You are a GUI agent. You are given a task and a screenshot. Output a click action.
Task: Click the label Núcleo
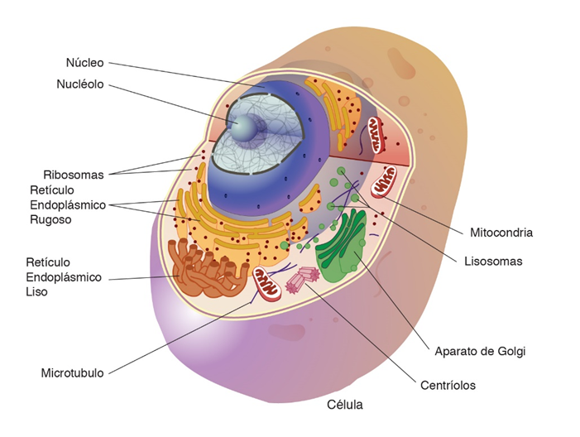85,62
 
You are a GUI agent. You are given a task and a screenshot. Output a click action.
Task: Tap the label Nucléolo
80,84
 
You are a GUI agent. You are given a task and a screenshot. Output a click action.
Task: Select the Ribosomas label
74,175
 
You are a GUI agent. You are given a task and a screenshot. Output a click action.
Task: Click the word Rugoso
50,220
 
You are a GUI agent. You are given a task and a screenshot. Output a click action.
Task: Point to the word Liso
37,292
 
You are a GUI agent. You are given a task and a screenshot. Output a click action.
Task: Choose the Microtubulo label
73,373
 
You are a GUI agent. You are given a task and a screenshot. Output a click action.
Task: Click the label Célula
345,406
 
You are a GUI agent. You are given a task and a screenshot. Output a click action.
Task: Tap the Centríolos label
448,385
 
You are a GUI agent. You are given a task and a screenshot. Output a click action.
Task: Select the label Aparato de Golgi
481,351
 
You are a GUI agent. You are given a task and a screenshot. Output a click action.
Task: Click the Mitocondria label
501,233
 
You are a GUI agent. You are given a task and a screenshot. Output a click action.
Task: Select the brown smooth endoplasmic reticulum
203,270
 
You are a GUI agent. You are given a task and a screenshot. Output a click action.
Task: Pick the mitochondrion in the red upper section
377,135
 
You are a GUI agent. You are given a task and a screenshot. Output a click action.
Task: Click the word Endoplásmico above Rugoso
68,205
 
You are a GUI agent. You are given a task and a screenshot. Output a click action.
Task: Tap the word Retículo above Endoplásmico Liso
49,262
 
